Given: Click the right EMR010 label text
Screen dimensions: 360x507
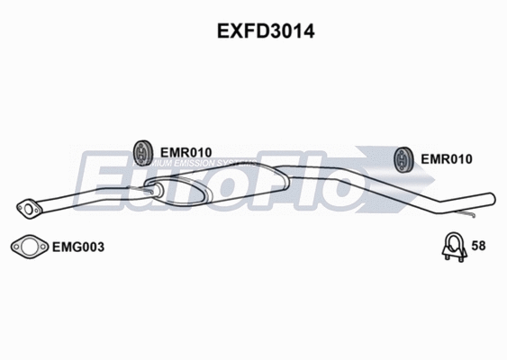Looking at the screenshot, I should pos(447,159).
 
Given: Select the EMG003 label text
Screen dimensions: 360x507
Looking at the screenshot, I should pos(77,245).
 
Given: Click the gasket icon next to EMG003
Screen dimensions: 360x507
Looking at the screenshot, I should pos(29,245).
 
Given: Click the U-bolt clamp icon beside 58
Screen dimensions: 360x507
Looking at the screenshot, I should pos(453,246).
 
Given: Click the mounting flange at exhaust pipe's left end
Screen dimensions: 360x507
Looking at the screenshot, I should pos(30,209).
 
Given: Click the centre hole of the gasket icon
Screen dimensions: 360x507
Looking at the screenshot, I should pos(29,245).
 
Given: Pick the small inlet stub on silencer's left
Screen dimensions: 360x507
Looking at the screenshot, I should pos(150,189).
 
